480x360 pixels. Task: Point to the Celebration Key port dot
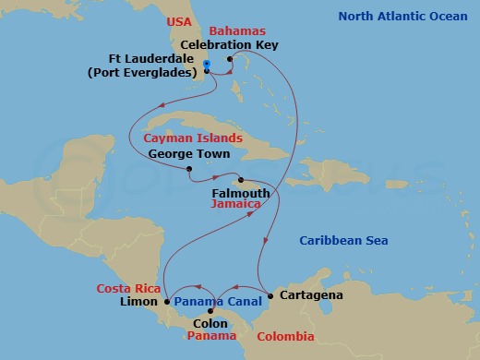coord(230,59)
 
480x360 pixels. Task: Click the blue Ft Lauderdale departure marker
coord(207,65)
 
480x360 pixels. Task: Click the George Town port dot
coord(188,169)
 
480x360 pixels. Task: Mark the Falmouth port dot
coord(240,180)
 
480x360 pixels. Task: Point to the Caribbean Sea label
coord(343,241)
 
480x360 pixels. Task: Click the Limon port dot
coord(167,302)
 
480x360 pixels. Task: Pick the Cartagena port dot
coord(270,295)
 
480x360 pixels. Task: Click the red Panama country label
coord(212,337)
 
